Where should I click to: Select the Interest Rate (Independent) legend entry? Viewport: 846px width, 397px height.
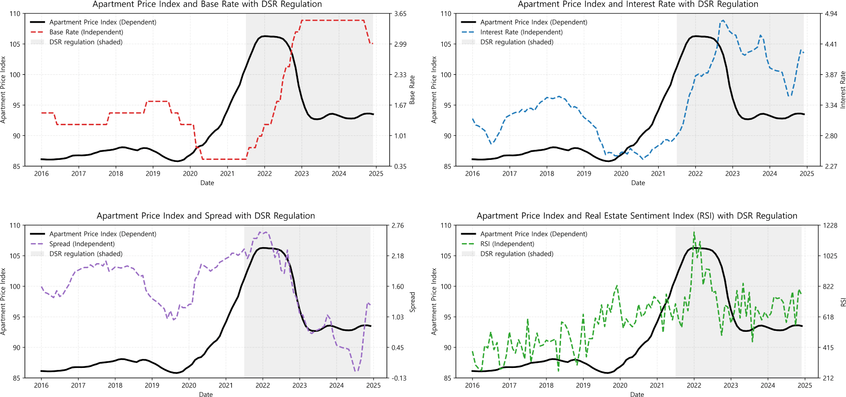(x=512, y=32)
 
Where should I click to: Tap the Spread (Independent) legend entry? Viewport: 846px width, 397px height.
(x=73, y=244)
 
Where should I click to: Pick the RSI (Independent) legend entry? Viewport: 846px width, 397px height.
(x=498, y=244)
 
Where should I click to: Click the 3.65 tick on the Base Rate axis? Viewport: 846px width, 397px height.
(x=400, y=14)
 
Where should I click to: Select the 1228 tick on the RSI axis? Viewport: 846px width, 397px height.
(x=830, y=226)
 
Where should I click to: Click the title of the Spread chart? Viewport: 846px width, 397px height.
(x=206, y=216)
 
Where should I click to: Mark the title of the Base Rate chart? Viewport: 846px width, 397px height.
(x=207, y=5)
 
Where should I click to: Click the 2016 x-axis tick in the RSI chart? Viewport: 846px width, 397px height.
(x=472, y=385)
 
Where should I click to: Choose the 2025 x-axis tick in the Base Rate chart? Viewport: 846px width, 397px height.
(x=376, y=173)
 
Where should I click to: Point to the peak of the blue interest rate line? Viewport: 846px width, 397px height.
(x=723, y=21)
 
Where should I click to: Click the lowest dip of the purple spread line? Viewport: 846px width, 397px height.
(x=356, y=371)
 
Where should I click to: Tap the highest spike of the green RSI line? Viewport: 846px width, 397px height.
(x=694, y=232)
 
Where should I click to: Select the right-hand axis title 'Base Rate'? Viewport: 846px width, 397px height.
(x=412, y=90)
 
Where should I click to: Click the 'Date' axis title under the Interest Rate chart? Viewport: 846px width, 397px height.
(x=638, y=183)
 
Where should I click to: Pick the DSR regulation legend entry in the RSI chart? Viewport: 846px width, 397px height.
(x=507, y=254)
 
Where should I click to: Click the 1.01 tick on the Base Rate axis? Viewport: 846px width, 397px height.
(x=400, y=136)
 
